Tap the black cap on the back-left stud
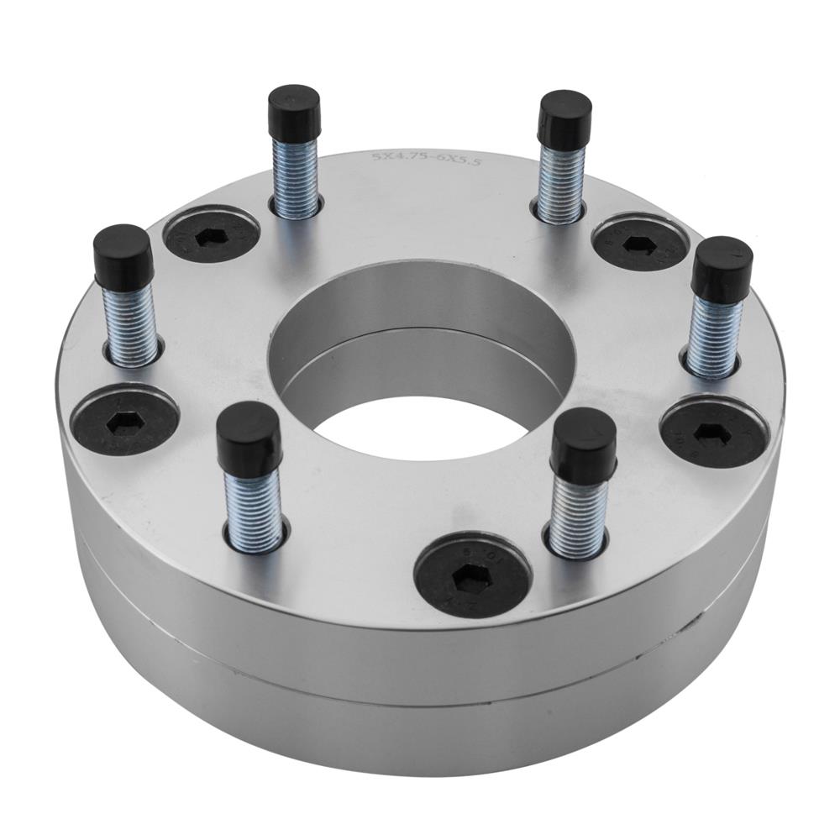tap(294, 108)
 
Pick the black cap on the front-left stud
tap(249, 437)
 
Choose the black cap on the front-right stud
tap(583, 445)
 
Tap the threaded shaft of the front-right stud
tap(579, 517)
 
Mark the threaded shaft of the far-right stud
tap(713, 336)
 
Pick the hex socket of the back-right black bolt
tap(639, 244)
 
